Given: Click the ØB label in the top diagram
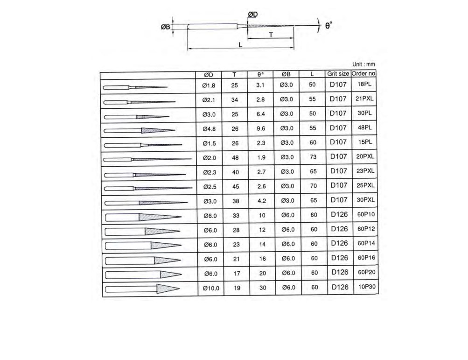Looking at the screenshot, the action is click(x=165, y=27).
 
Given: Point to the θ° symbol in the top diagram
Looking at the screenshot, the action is click(x=328, y=25).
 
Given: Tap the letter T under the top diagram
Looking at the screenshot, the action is click(x=271, y=35).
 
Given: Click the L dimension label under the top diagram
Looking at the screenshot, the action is click(x=240, y=45).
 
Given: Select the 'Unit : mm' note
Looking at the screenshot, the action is click(x=363, y=64).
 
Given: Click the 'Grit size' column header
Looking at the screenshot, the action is click(x=338, y=73).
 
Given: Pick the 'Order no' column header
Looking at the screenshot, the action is click(x=363, y=73).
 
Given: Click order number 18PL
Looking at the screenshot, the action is click(x=364, y=84).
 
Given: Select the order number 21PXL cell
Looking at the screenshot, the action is click(x=364, y=99).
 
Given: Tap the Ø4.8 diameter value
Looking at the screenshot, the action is click(x=209, y=129).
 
